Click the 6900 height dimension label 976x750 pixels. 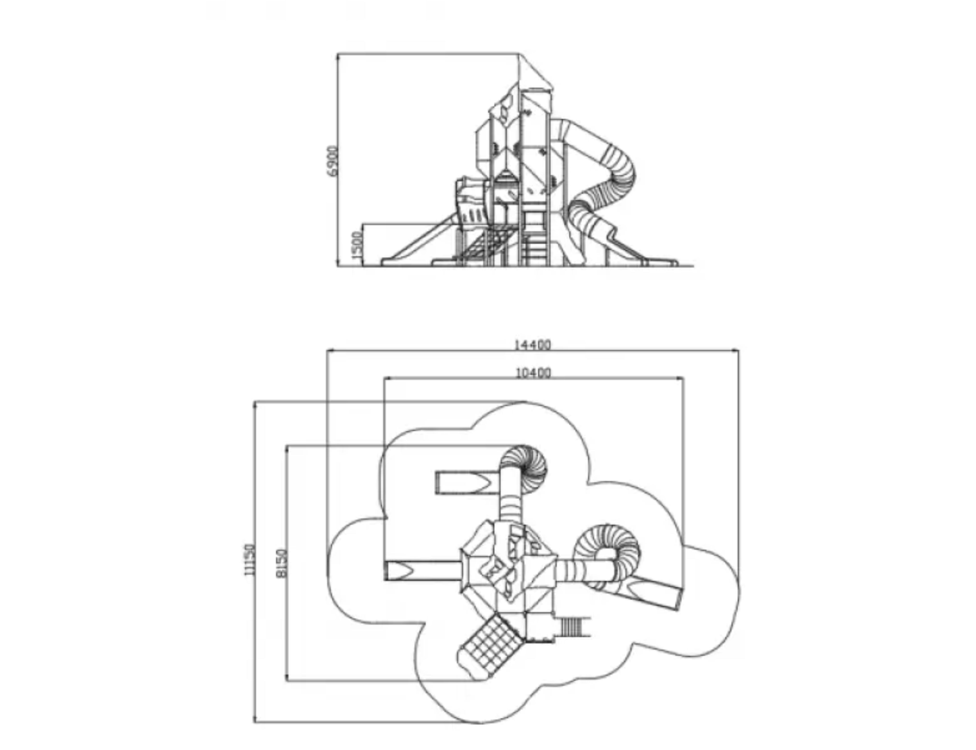coord(333,160)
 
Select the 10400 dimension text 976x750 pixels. coord(533,372)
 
